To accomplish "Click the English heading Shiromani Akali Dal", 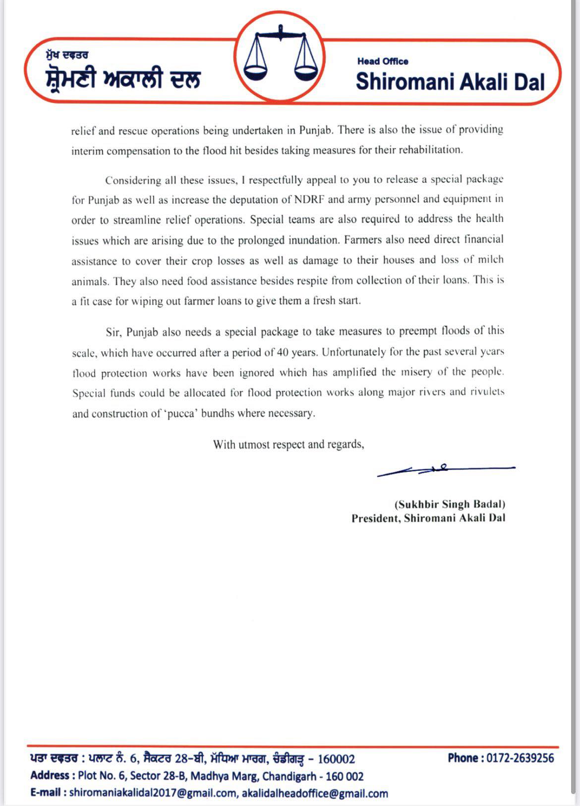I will click(450, 82).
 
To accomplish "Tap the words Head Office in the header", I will click(383, 61).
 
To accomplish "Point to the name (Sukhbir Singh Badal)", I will click(450, 505).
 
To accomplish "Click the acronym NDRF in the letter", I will click(309, 199).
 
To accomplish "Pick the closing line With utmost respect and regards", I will click(289, 444).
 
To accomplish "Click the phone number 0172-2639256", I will click(520, 758).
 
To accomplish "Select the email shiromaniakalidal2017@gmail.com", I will click(153, 793).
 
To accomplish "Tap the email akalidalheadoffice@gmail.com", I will click(315, 793).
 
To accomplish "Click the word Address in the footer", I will click(50, 776).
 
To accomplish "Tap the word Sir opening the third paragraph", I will click(113, 332).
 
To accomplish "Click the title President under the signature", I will click(375, 518).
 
